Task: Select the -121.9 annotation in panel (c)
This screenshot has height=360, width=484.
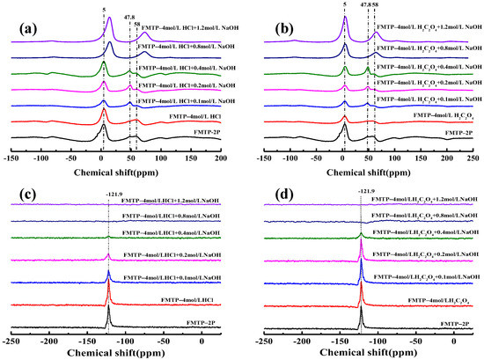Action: tap(108, 187)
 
